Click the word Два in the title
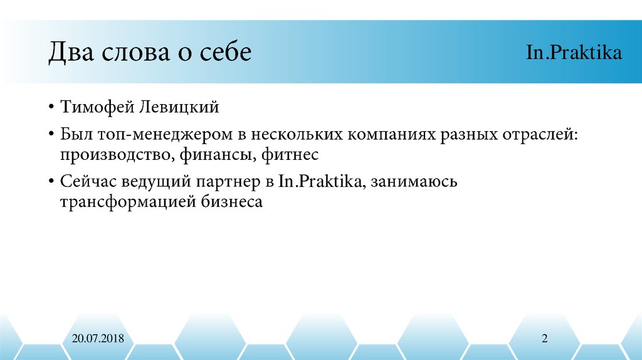(71, 52)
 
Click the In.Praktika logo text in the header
(574, 52)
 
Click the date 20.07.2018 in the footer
(98, 339)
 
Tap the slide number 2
(545, 339)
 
